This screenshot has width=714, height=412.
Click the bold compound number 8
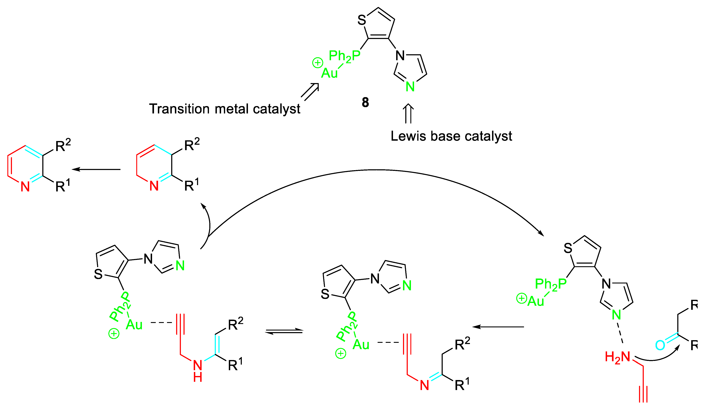coord(365,102)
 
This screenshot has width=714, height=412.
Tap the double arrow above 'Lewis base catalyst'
coord(408,113)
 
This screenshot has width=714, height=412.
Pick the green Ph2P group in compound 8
coord(345,56)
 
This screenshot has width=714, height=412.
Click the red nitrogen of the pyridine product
coord(25,187)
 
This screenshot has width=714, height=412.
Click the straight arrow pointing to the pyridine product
coord(96,169)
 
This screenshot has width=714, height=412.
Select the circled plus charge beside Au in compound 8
coord(317,63)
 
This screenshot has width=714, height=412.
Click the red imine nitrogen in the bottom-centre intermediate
coord(424,385)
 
